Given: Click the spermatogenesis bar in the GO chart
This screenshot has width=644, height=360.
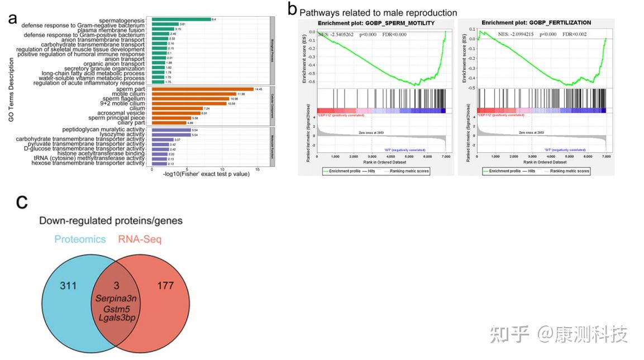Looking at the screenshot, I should [181, 20].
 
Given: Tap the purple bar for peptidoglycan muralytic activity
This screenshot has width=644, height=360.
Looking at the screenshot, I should [171, 129].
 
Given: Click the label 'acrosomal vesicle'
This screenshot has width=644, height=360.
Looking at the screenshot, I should [120, 113].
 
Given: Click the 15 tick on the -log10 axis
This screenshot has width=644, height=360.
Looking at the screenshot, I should [257, 170].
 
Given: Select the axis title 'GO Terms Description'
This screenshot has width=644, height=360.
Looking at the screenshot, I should [11, 89].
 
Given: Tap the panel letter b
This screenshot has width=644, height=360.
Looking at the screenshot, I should [292, 9].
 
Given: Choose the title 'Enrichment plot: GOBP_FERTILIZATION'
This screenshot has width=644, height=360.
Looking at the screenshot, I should [536, 23].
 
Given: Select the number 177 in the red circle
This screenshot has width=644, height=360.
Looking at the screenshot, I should [165, 286].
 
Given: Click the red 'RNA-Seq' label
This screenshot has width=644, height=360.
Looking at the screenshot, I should [139, 239].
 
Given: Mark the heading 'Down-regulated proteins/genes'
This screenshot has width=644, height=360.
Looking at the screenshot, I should [111, 220].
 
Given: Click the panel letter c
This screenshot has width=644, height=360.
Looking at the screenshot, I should [22, 201].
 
